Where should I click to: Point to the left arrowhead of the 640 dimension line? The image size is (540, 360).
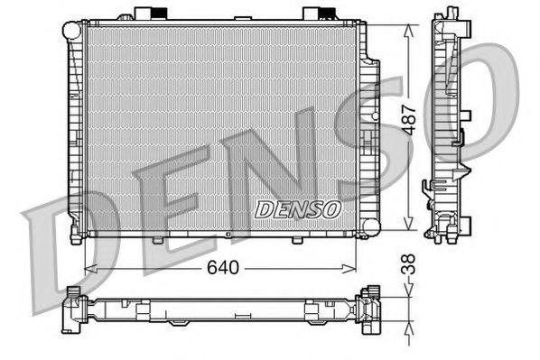pyautogui.click(x=88, y=268)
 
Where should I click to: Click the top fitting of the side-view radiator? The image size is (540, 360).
pyautogui.click(x=448, y=19)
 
